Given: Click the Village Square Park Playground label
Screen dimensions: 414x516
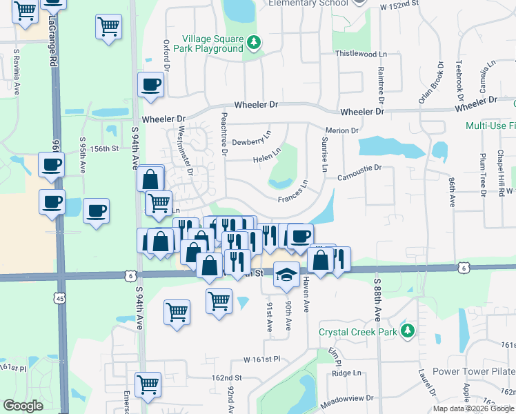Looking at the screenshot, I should [212, 44].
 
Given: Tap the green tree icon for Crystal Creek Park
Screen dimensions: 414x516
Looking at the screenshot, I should [408, 331].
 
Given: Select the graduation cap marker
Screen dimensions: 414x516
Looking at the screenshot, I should [286, 275].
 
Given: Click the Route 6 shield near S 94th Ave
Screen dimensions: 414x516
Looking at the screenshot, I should [130, 275].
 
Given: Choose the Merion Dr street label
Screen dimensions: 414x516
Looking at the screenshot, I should [342, 130].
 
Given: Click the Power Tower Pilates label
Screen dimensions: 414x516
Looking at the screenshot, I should [473, 371].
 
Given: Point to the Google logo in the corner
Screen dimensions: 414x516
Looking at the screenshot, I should [23, 405].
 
